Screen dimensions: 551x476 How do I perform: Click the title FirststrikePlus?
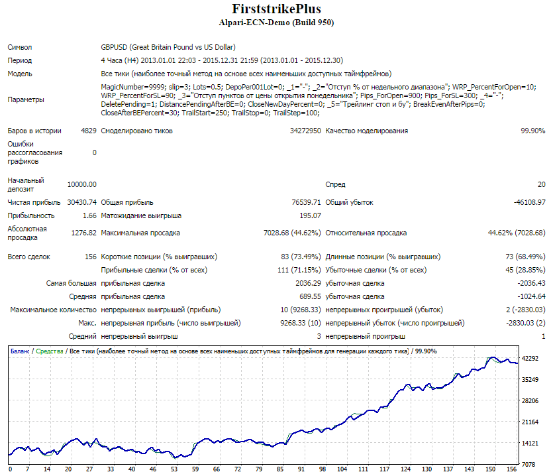pyautogui.click(x=277, y=9)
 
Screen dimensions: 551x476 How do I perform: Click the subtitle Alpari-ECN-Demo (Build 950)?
pyautogui.click(x=276, y=23)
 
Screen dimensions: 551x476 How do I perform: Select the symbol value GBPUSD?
pyautogui.click(x=114, y=47)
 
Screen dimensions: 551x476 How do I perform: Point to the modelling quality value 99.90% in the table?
pyautogui.click(x=532, y=131)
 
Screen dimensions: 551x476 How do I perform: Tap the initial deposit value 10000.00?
pyautogui.click(x=82, y=184)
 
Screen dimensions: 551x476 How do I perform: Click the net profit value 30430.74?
pyautogui.click(x=82, y=202)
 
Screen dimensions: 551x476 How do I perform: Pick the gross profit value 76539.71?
pyautogui.click(x=306, y=202)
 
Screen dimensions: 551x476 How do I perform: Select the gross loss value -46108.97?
pyautogui.click(x=530, y=202)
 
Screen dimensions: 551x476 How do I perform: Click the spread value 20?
pyautogui.click(x=542, y=184)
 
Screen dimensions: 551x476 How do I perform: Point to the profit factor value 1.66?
pyautogui.click(x=89, y=215)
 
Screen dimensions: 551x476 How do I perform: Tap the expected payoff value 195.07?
pyautogui.click(x=311, y=215)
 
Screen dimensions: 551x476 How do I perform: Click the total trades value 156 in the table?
pyautogui.click(x=91, y=257)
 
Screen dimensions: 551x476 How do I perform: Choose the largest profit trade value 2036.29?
pyautogui.click(x=308, y=283)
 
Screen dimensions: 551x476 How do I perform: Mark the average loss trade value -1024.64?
pyautogui.click(x=531, y=296)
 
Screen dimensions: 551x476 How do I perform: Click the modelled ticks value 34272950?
pyautogui.click(x=305, y=131)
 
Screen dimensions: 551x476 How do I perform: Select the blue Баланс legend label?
pyautogui.click(x=20, y=351)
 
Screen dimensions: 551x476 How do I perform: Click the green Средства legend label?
pyautogui.click(x=50, y=351)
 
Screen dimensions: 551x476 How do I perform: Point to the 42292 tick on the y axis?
pyautogui.click(x=530, y=359)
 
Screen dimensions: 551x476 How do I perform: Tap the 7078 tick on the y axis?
pyautogui.click(x=528, y=465)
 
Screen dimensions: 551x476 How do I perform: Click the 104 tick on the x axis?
pyautogui.click(x=342, y=469)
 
